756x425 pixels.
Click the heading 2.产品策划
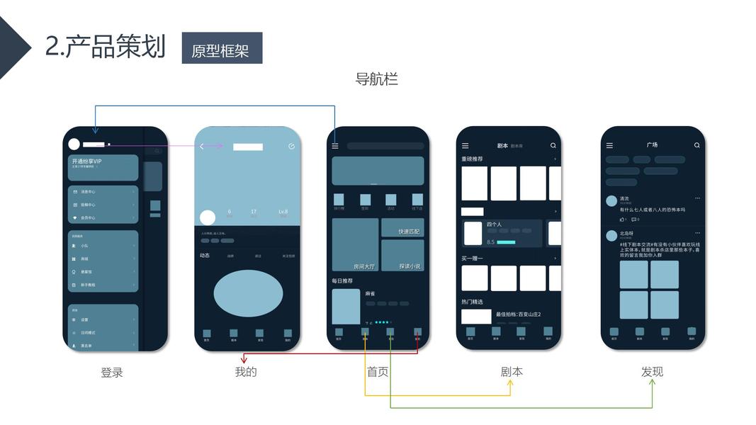tap(105, 46)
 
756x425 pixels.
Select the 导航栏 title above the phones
tap(376, 79)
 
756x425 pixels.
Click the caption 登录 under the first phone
tap(112, 373)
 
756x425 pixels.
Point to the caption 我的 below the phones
tap(246, 372)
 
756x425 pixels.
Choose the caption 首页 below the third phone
tap(378, 372)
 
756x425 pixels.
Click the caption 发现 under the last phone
tap(652, 372)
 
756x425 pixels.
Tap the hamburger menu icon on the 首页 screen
tap(335, 146)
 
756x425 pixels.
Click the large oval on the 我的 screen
tap(247, 293)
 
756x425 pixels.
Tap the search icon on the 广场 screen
tap(696, 145)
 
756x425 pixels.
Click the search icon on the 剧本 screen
tap(553, 146)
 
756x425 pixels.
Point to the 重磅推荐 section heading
tap(473, 159)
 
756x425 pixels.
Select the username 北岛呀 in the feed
tap(627, 233)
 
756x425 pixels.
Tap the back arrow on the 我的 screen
tap(202, 147)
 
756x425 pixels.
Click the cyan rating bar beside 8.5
tap(506, 242)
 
